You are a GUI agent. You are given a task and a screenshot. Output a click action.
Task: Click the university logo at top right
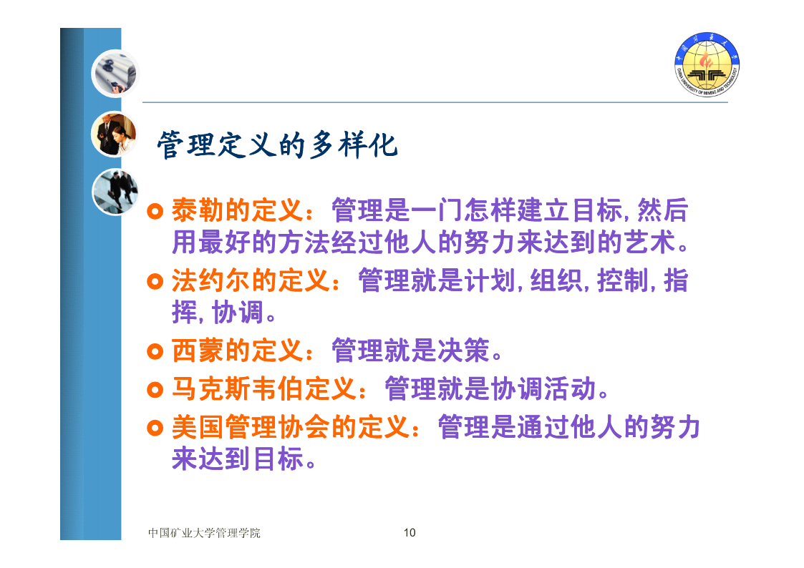[x=707, y=64]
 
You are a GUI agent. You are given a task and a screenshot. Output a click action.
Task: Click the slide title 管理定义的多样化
[x=277, y=145]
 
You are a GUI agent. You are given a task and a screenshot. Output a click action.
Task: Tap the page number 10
[x=410, y=533]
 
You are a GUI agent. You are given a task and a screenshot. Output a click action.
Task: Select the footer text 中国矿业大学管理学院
[x=204, y=533]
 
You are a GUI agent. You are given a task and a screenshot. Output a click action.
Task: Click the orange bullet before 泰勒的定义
[x=155, y=211]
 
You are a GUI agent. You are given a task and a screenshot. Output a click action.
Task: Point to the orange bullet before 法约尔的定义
[x=155, y=281]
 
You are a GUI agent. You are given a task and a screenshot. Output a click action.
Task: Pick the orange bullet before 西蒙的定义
[x=155, y=351]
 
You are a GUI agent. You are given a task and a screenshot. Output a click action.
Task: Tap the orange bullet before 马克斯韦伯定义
[x=155, y=390]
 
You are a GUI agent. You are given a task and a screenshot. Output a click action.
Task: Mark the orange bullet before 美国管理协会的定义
[x=155, y=428]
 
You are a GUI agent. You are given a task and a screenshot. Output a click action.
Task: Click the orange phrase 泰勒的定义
[x=238, y=210]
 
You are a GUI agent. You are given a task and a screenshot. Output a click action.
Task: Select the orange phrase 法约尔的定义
[x=251, y=280]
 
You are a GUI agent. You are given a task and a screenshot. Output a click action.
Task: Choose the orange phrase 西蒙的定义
[x=238, y=351]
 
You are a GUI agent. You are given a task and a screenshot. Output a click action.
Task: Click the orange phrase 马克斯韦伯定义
[x=264, y=389]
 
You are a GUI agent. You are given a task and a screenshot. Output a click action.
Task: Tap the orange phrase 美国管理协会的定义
[x=291, y=427]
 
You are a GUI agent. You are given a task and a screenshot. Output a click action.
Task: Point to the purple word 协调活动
[x=543, y=389]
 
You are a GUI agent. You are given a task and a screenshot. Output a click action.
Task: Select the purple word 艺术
[x=650, y=243]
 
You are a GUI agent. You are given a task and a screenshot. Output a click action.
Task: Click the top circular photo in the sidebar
[x=115, y=74]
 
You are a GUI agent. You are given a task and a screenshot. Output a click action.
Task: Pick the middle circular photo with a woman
[x=115, y=134]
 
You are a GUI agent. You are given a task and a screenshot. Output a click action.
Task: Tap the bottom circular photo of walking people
[x=115, y=192]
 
